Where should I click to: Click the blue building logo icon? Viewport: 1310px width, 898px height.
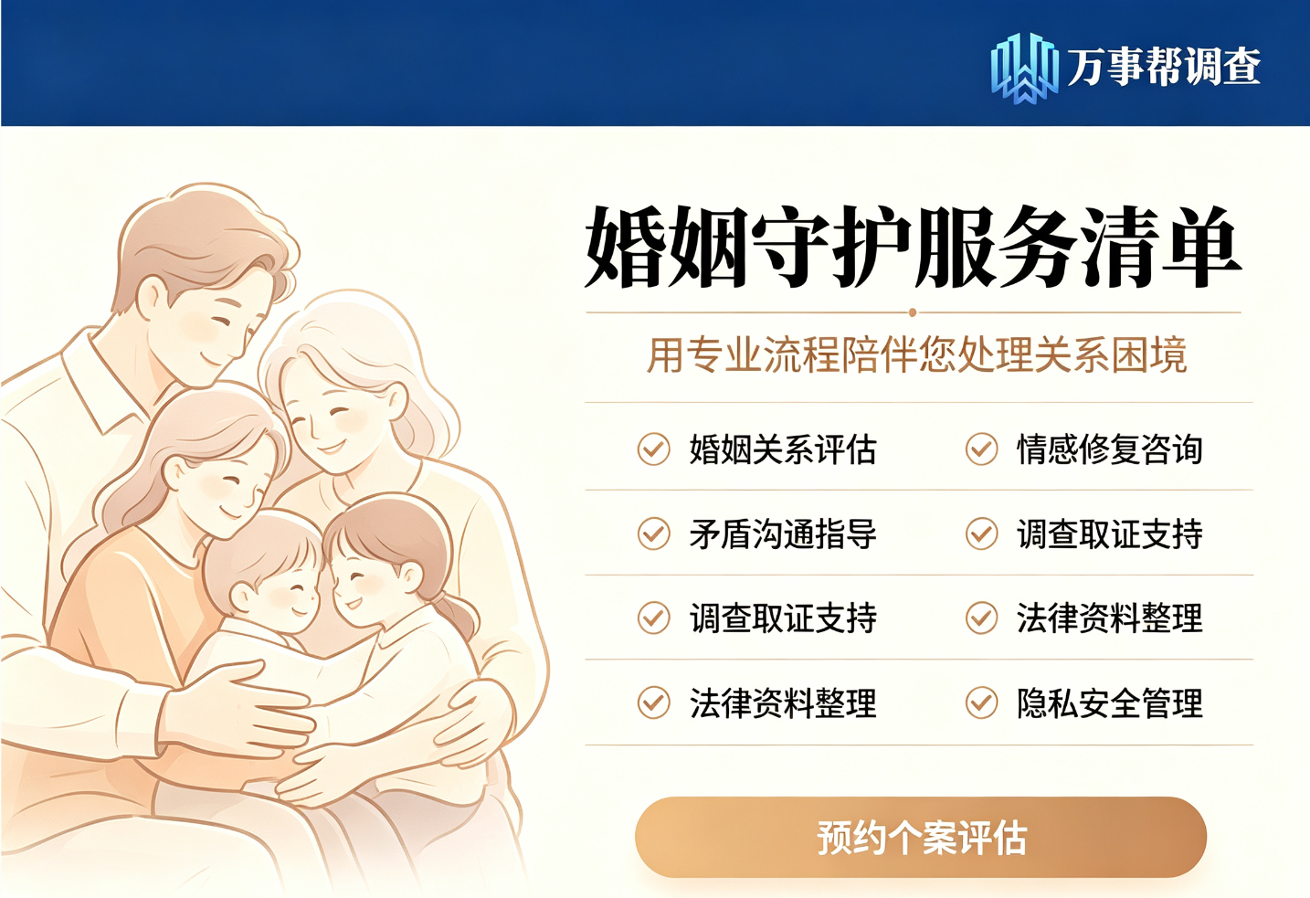[x=1024, y=68]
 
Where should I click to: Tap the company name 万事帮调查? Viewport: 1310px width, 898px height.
[x=1164, y=66]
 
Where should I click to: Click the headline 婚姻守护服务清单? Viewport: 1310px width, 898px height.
[x=913, y=246]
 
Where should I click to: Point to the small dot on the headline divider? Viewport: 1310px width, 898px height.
[x=913, y=312]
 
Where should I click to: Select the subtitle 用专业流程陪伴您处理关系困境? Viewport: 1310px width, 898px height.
[x=916, y=354]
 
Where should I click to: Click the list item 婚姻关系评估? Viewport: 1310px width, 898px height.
[x=783, y=449]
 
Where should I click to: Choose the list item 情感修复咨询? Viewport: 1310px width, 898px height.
[x=1109, y=449]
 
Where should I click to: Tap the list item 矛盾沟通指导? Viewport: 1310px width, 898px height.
[x=783, y=534]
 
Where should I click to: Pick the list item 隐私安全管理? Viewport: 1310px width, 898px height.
[x=1109, y=703]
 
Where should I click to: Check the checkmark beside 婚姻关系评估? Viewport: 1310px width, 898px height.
[x=653, y=449]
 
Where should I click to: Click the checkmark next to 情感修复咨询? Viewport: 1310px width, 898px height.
[x=981, y=449]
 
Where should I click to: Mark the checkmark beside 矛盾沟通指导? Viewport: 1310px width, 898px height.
[x=653, y=534]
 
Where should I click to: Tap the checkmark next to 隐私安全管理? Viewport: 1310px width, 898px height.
[x=981, y=703]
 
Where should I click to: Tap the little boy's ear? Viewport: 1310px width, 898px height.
[x=241, y=597]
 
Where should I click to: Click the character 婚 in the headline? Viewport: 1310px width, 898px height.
[x=625, y=246]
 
